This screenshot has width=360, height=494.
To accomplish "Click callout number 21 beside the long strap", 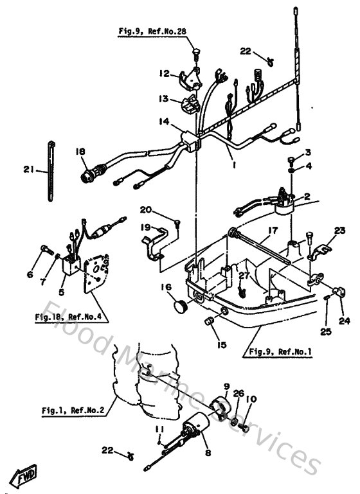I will coord(27,170).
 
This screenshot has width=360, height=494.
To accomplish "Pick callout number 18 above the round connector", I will coord(80,152).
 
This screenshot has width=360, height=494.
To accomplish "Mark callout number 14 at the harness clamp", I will coord(165,121).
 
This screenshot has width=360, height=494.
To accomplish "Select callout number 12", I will coord(165,75).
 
